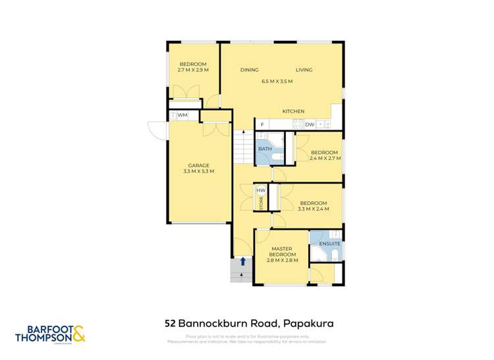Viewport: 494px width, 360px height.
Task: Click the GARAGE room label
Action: click(x=199, y=165)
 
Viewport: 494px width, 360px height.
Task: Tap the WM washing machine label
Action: click(x=182, y=115)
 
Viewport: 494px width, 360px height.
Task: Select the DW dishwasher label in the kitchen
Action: click(x=308, y=124)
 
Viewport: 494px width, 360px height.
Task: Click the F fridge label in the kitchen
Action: click(x=262, y=124)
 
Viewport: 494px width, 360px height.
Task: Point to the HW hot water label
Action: click(x=261, y=191)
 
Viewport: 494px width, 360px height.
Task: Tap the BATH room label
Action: click(x=264, y=149)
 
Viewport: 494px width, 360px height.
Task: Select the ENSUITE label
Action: click(x=329, y=245)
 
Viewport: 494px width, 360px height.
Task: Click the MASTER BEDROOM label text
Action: click(x=283, y=251)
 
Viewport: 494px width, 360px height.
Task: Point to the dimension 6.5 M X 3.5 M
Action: click(x=277, y=81)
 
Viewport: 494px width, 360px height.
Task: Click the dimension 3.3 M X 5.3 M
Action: click(x=199, y=171)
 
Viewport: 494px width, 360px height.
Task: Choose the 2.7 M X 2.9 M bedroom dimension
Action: click(x=193, y=70)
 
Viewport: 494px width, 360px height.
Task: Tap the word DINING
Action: click(x=250, y=70)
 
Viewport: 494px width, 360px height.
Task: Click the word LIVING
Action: click(x=304, y=70)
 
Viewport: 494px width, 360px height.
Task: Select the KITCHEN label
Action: click(x=294, y=111)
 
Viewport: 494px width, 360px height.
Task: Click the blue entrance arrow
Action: click(x=244, y=261)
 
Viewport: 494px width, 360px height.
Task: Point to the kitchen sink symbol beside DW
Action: click(x=323, y=124)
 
